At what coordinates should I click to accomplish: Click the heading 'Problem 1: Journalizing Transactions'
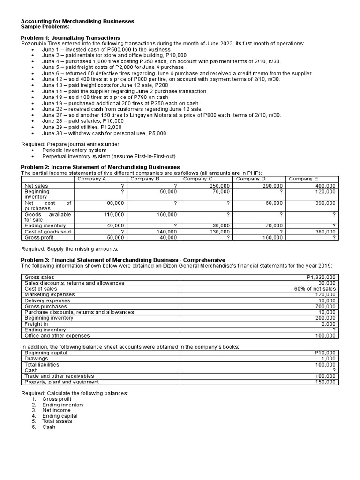tap(71, 37)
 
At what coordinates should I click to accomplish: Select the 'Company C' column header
tap(198, 179)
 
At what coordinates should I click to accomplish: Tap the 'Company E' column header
tap(303, 179)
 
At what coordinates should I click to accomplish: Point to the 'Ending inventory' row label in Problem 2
tap(45, 226)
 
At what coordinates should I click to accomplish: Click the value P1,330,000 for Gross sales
tap(321, 277)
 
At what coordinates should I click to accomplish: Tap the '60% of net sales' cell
tap(315, 289)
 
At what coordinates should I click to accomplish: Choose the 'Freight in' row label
tap(36, 324)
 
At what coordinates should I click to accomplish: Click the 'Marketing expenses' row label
tap(49, 295)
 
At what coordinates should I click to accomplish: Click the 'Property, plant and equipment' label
tap(61, 382)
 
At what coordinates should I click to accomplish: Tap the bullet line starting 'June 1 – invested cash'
tap(106, 49)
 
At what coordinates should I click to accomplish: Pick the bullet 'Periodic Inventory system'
tap(75, 150)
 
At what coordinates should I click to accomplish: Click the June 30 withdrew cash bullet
tap(104, 133)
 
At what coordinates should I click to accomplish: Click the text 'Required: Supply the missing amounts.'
tap(70, 248)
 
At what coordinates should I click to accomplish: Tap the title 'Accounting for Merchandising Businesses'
tap(77, 21)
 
